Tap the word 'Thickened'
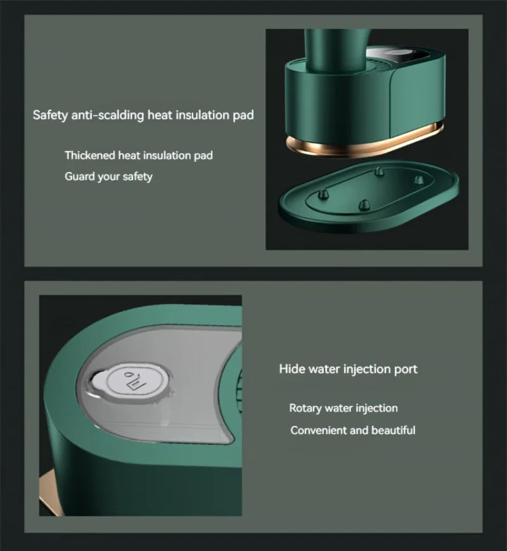tap(89, 155)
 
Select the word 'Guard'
tap(79, 176)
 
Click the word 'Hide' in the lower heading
tap(292, 369)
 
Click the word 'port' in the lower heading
tap(406, 369)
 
